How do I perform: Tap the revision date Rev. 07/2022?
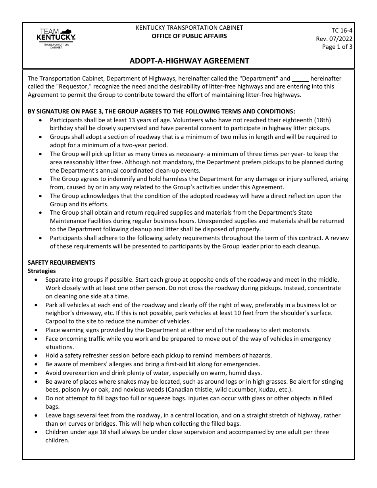click(x=334, y=38)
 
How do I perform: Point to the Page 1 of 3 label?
click(x=337, y=46)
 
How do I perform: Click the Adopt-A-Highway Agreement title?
click(x=189, y=61)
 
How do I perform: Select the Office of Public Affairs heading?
click(x=189, y=36)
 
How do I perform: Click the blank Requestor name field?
click(x=300, y=79)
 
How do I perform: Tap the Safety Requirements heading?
click(x=61, y=263)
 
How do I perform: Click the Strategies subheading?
click(x=42, y=271)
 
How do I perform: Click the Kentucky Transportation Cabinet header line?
click(x=189, y=28)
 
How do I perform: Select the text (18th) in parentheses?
click(x=322, y=120)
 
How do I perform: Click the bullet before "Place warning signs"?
click(x=37, y=330)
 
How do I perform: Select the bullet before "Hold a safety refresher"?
click(x=37, y=356)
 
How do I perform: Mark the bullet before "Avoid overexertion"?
click(x=37, y=373)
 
